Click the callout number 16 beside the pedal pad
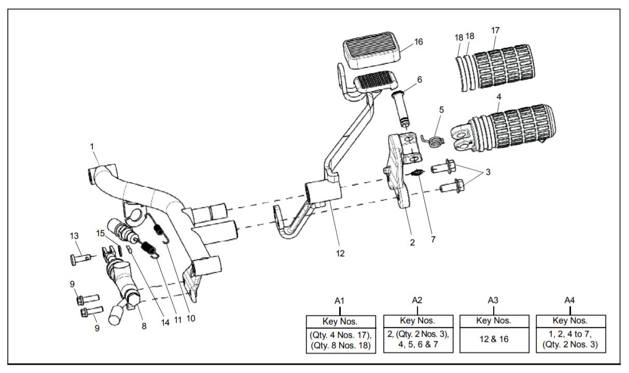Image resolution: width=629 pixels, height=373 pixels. pyautogui.click(x=418, y=42)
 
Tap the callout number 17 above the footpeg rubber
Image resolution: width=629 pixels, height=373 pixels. pyautogui.click(x=495, y=30)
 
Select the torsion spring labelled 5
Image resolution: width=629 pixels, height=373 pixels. pyautogui.click(x=432, y=140)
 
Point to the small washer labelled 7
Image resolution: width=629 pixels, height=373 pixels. pyautogui.click(x=417, y=173)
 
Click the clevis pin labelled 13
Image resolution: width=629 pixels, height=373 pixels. pyautogui.click(x=81, y=258)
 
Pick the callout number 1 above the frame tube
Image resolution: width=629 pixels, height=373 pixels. pyautogui.click(x=92, y=147)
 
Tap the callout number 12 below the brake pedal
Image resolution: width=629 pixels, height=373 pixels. pyautogui.click(x=340, y=253)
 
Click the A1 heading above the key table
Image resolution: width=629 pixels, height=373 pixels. pyautogui.click(x=339, y=301)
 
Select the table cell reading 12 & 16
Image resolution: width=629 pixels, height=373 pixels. pyautogui.click(x=494, y=339)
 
